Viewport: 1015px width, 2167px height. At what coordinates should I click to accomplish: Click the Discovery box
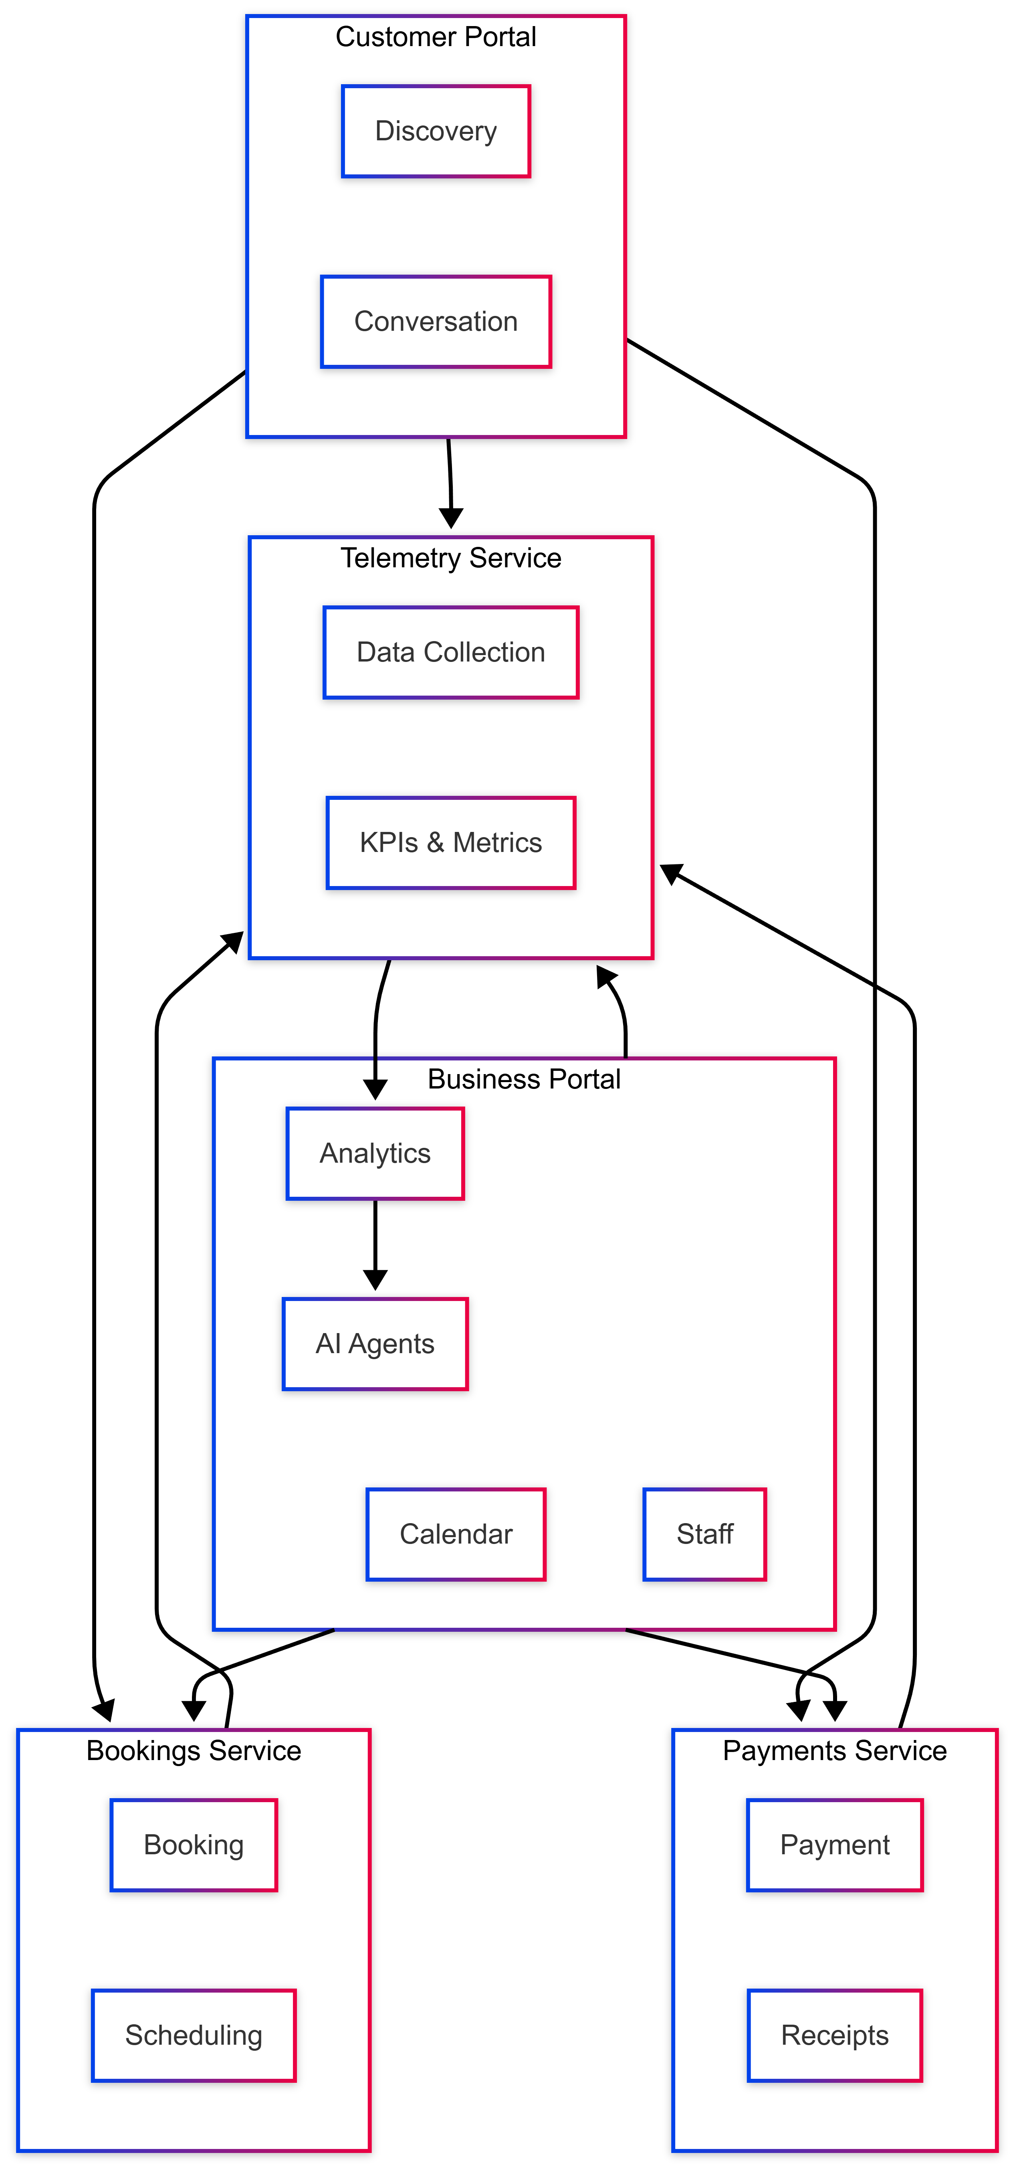[x=436, y=131]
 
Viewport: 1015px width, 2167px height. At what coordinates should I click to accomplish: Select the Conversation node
[x=436, y=322]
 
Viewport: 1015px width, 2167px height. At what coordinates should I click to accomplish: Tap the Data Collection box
[x=451, y=652]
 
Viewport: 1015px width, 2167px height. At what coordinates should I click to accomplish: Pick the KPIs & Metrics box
[x=451, y=842]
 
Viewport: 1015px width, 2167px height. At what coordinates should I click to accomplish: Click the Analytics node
[x=375, y=1153]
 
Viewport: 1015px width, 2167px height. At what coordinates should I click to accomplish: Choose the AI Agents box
[x=375, y=1343]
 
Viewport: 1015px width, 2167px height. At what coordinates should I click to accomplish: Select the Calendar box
[x=456, y=1534]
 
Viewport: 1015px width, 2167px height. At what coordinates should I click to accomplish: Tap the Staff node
[x=705, y=1534]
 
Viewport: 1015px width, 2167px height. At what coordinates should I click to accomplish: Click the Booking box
[x=194, y=1845]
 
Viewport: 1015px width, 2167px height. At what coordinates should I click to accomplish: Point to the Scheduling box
[x=194, y=2035]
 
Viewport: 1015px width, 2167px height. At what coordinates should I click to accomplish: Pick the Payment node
[x=834, y=1845]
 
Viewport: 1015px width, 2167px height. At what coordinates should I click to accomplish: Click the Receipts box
[x=834, y=2035]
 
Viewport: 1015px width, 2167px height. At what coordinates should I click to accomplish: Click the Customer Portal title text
[x=436, y=37]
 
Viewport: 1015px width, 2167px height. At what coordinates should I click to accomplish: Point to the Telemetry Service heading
[x=451, y=558]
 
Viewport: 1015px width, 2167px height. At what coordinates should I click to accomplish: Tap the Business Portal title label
[x=524, y=1078]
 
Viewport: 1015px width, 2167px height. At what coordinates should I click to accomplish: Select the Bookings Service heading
[x=194, y=1750]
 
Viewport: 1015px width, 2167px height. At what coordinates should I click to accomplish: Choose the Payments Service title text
[x=834, y=1750]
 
